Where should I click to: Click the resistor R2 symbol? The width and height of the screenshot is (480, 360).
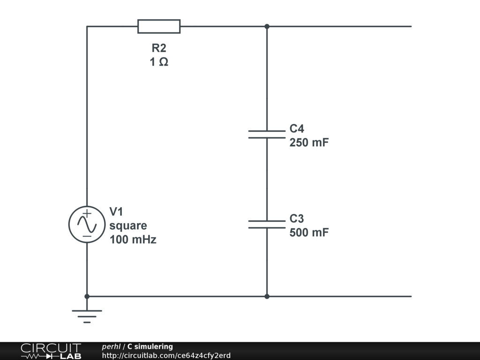pos(159,27)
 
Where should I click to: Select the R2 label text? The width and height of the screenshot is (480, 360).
pos(159,48)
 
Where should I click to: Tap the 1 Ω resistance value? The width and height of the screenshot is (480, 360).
pos(159,62)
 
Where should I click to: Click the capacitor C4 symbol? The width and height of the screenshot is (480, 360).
pos(267,135)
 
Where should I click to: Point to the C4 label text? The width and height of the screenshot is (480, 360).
pos(297,129)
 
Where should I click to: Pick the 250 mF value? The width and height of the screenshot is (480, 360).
pos(309,142)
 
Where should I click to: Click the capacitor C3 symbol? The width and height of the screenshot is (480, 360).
pos(267,225)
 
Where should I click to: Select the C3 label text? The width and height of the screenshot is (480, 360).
pos(297,219)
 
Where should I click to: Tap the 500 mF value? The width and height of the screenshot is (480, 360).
pos(309,232)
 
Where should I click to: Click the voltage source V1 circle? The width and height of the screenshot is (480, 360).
pos(87,225)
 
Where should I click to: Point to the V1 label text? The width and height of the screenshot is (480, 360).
pos(117,211)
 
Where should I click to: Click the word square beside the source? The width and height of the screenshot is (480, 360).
pos(128,225)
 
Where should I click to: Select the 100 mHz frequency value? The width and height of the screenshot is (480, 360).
pos(133,240)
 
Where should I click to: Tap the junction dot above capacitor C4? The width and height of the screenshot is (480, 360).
pos(267,26)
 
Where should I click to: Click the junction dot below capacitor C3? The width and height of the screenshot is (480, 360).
pos(267,296)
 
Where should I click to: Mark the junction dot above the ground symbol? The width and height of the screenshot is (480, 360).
pos(87,296)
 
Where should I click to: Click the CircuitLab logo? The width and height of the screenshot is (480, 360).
pos(51,351)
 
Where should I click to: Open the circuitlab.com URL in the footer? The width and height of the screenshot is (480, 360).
pos(166,355)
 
